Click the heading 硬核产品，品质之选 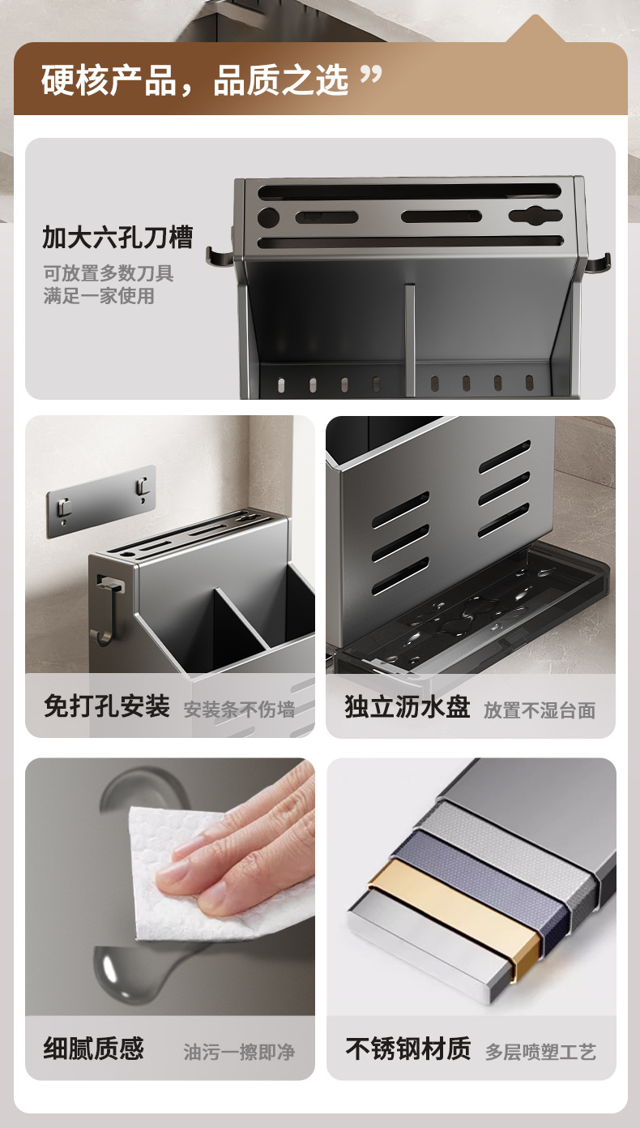(x=194, y=80)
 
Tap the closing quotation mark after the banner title (x=371, y=75)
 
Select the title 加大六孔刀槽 (x=117, y=238)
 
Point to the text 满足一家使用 (x=99, y=296)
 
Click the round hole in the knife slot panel (x=268, y=217)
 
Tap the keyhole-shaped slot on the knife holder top (x=535, y=216)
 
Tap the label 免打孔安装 (x=107, y=706)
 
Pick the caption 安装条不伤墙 (x=239, y=709)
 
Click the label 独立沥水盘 (x=407, y=706)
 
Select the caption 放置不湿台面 (x=540, y=710)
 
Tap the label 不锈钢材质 (x=408, y=1048)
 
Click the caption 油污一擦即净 (x=239, y=1052)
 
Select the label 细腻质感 (x=94, y=1048)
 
